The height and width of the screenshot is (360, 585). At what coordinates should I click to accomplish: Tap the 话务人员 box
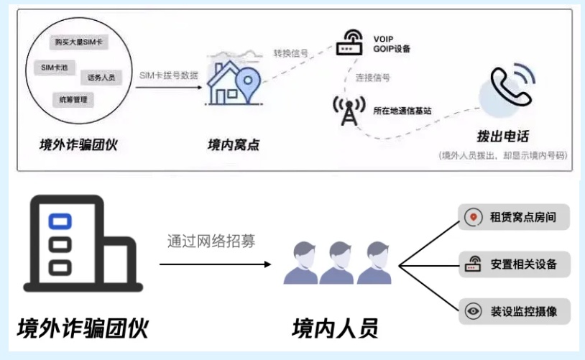[x=101, y=77]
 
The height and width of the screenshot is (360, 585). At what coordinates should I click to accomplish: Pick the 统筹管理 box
[x=73, y=100]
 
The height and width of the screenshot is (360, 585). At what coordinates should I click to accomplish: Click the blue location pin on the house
[x=248, y=87]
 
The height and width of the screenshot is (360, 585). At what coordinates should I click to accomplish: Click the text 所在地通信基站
[x=402, y=111]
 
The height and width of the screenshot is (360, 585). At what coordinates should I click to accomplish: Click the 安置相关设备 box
[x=514, y=264]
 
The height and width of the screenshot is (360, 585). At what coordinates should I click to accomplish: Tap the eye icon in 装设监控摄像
[x=473, y=312]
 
